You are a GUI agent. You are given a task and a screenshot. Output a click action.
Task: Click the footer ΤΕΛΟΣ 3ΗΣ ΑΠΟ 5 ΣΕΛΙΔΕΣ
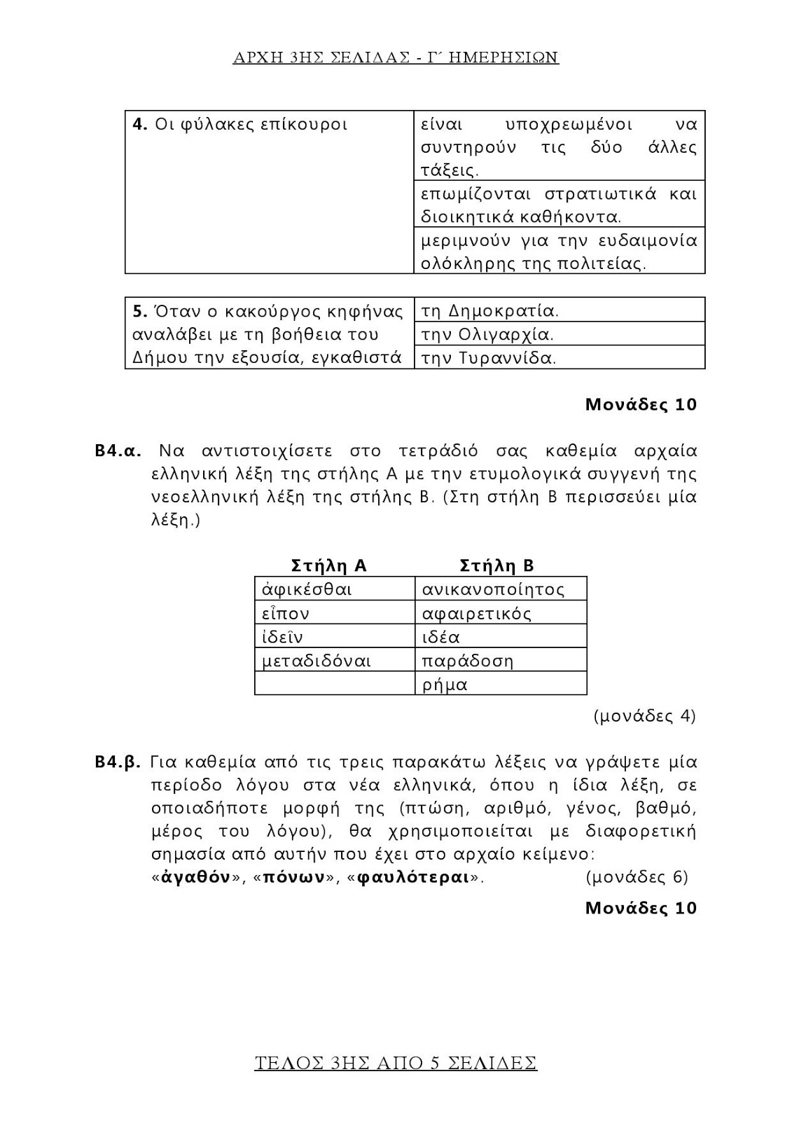(x=396, y=1063)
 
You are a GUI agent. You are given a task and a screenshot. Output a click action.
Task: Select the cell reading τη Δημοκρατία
(x=489, y=310)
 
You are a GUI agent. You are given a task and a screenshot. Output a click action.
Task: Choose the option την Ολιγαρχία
(x=487, y=334)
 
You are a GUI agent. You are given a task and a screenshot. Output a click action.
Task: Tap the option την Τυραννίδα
(x=489, y=358)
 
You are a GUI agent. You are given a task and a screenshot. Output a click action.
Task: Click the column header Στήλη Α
(x=328, y=565)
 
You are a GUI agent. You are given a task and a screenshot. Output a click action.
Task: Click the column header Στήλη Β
(x=496, y=565)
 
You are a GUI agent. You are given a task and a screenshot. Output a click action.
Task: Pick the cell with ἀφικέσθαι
(x=307, y=589)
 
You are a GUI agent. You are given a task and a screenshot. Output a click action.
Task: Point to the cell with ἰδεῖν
(x=282, y=637)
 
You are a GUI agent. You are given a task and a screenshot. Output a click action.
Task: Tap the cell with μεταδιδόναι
(x=317, y=661)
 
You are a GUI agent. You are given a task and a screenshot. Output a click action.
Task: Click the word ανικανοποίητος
(x=493, y=589)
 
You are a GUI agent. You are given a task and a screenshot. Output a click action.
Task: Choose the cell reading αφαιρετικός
(x=477, y=614)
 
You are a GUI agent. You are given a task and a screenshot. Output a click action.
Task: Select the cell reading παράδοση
(x=468, y=661)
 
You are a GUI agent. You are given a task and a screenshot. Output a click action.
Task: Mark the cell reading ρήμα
(x=445, y=685)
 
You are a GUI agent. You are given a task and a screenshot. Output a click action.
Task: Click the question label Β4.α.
(x=118, y=450)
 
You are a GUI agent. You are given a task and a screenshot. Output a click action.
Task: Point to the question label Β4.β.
(x=118, y=762)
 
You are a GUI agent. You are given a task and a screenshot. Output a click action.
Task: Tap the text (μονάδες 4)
(x=644, y=716)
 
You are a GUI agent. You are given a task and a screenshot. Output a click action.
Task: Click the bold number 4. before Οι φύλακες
(x=139, y=125)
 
